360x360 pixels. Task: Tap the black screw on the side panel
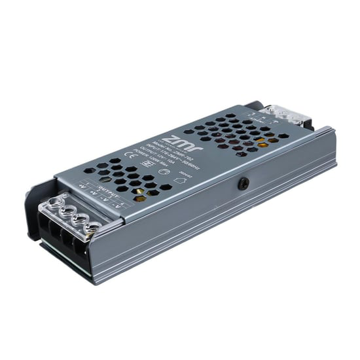243,183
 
